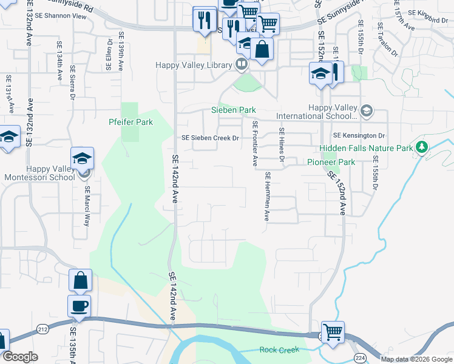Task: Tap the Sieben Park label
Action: pos(233,110)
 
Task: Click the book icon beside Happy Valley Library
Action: pos(242,63)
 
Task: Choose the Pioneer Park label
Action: pos(331,162)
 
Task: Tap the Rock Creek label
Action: pos(280,349)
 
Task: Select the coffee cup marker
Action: pos(80,306)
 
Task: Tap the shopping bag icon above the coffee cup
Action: pos(80,280)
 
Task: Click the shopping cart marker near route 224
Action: pos(333,332)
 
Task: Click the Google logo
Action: pos(20,357)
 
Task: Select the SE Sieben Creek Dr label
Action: pos(211,138)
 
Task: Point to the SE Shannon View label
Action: pos(63,16)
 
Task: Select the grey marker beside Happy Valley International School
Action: pos(366,111)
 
